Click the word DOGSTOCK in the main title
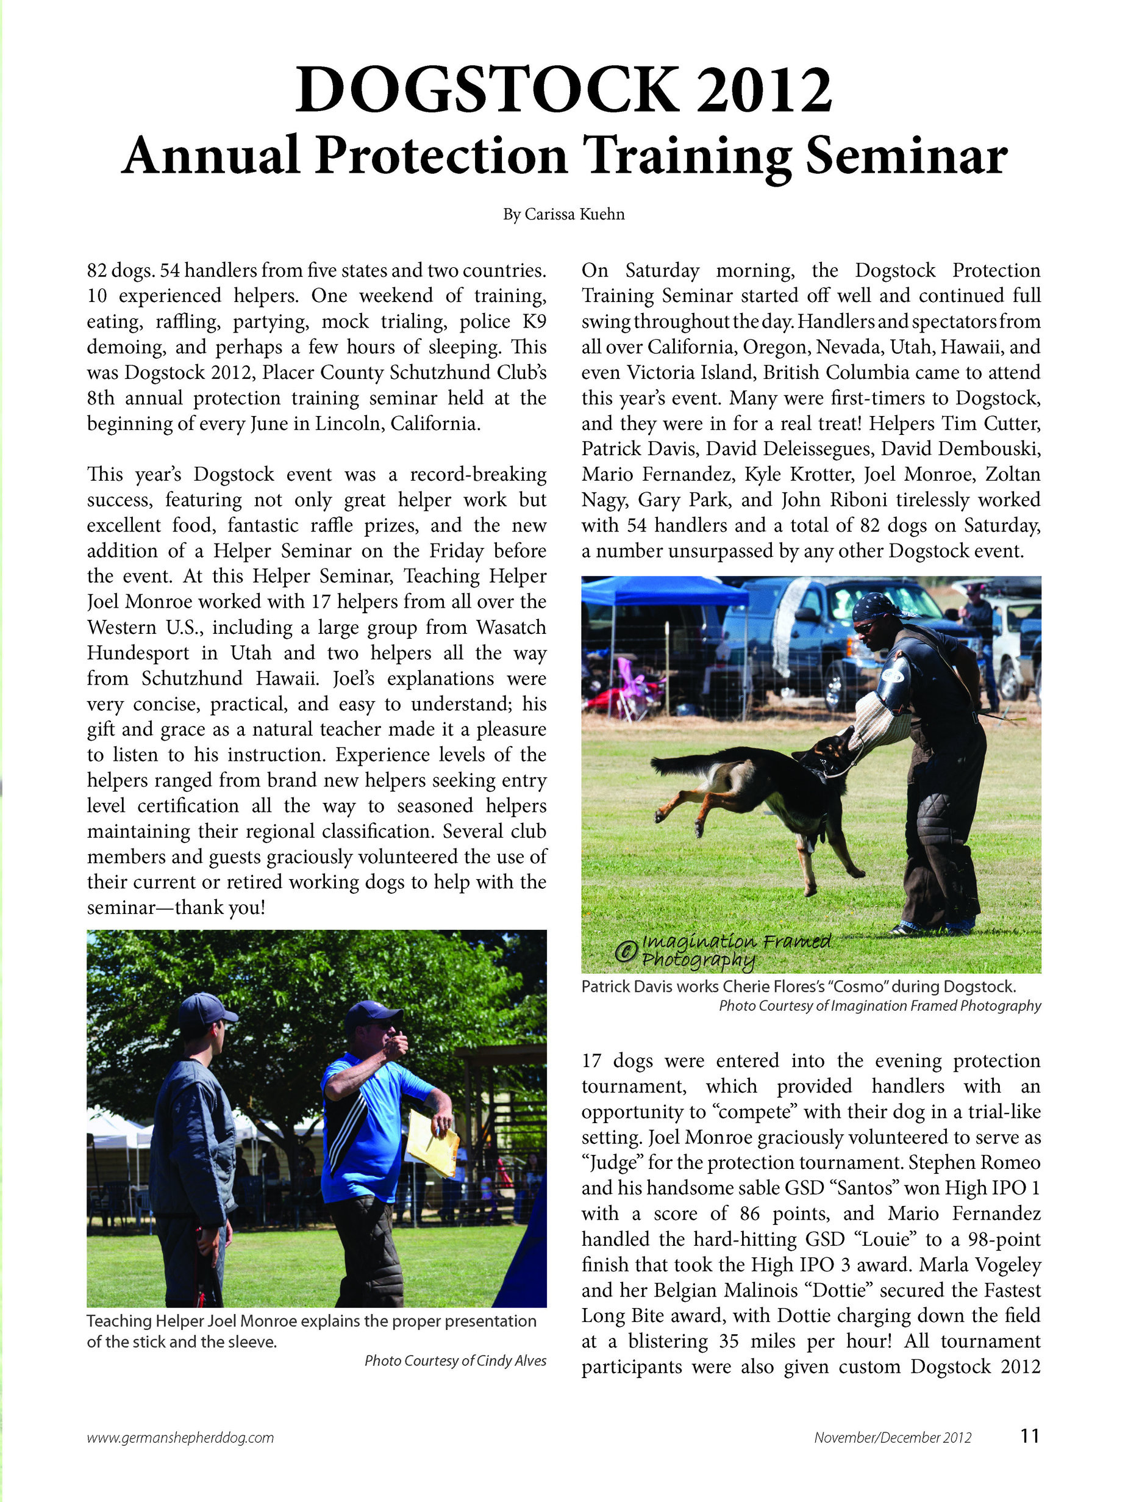click(x=486, y=90)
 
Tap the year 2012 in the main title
click(x=764, y=90)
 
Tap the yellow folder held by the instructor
click(x=432, y=1142)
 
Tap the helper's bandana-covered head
click(x=876, y=606)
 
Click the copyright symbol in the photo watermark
click(x=625, y=950)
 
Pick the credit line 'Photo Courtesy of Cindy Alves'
click(x=455, y=1360)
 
